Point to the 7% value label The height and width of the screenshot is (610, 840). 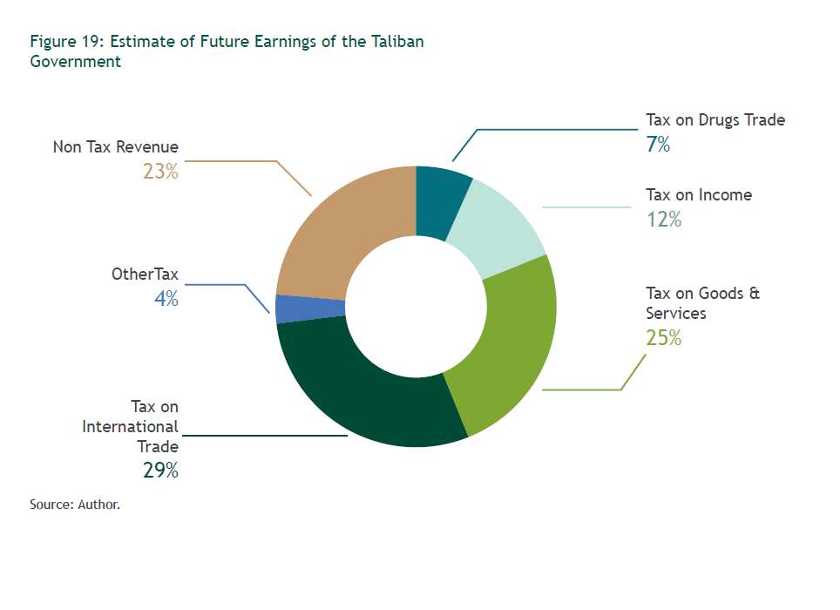click(658, 145)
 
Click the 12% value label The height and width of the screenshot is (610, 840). click(663, 220)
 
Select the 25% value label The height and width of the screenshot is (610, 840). click(663, 337)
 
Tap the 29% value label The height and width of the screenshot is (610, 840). click(160, 471)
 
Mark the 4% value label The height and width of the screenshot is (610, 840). click(166, 299)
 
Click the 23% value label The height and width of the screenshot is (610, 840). click(160, 172)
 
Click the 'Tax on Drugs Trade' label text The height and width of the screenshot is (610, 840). click(715, 120)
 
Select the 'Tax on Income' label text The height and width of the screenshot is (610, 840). click(698, 195)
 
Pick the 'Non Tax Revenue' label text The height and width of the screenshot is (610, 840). click(115, 147)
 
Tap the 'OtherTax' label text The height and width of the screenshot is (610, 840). click(145, 274)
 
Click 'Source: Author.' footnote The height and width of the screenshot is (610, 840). click(74, 504)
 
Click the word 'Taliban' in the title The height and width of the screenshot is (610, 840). click(394, 42)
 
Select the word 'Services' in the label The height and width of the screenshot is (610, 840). click(675, 313)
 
